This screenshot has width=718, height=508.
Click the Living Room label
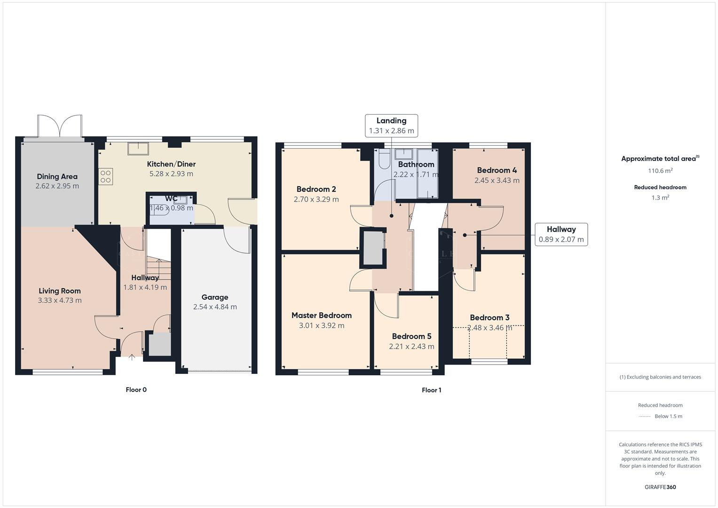[x=59, y=291]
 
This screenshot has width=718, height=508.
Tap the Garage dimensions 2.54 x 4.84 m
[x=215, y=307]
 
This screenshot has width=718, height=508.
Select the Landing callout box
[x=391, y=126]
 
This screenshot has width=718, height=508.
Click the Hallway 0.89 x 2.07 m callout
[x=561, y=234]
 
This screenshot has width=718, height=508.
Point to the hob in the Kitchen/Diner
[x=105, y=176]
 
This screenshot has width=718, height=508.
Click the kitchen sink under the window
[x=138, y=149]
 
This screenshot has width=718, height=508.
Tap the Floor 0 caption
[x=136, y=389]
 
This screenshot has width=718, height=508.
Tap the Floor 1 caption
[x=431, y=390]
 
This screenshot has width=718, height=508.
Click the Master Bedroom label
[x=321, y=315]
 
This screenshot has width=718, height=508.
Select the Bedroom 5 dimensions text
[x=411, y=346]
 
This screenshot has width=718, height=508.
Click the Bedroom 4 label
[x=497, y=170]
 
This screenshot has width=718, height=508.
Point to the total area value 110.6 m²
[x=660, y=171]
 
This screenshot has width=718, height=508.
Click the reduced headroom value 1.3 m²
[x=660, y=198]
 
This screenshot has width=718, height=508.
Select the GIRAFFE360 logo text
[x=660, y=487]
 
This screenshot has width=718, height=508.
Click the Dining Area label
[x=57, y=176]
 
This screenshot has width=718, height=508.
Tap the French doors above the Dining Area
[x=60, y=126]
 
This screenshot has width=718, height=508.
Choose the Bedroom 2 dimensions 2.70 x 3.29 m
[x=316, y=199]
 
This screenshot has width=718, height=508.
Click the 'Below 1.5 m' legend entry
[x=668, y=416]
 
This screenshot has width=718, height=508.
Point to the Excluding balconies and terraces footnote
[x=660, y=377]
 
